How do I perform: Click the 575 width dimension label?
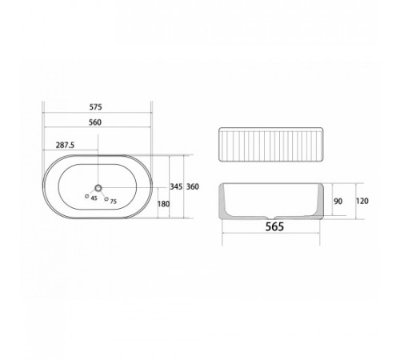point(95,107)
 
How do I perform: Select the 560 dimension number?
point(95,122)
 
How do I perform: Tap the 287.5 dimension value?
point(65,145)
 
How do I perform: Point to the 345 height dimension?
point(176,186)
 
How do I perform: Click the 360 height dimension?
point(193,186)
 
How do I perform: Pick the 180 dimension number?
point(163,204)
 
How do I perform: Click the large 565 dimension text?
point(274,226)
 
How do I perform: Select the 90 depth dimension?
point(338,201)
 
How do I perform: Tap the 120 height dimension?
point(362,201)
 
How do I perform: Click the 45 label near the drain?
point(94,198)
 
